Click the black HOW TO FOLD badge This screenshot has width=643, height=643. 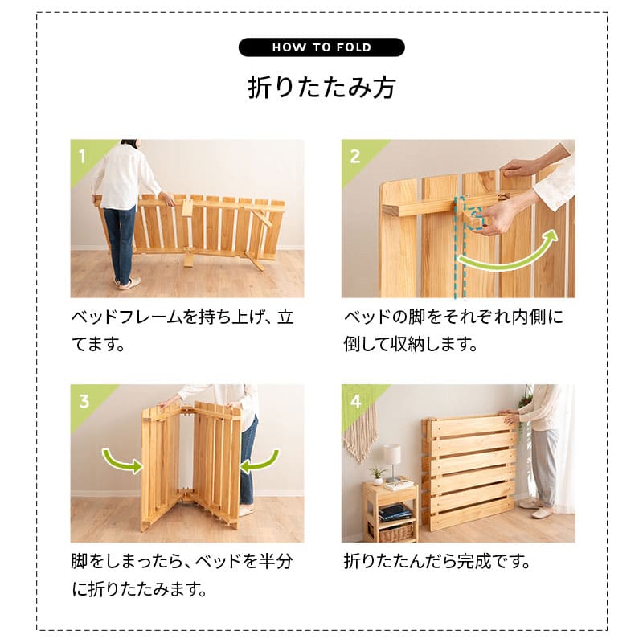point(321,47)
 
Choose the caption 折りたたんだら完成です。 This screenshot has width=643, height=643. point(436,561)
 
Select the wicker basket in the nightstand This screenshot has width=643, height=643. point(395,531)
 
